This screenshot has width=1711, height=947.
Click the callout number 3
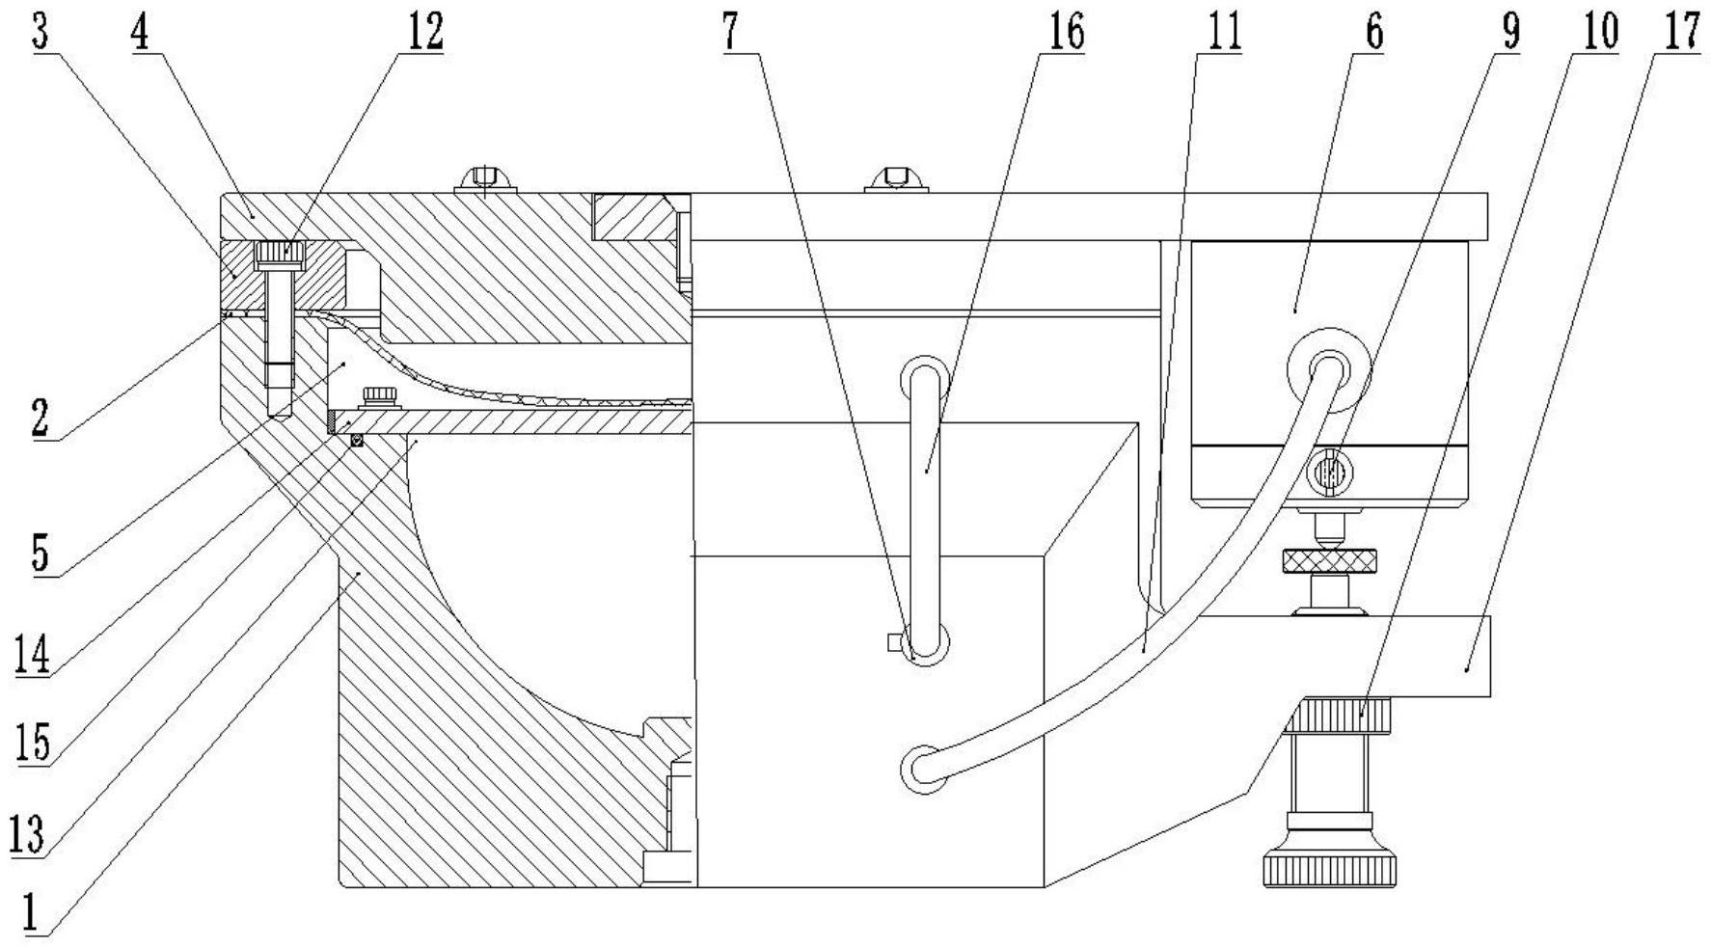[40, 32]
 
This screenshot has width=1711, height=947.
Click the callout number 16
[1062, 32]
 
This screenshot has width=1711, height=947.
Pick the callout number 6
[1374, 32]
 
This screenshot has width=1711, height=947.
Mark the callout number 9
[1509, 32]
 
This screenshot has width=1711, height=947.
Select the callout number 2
[40, 419]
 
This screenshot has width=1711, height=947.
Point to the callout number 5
[40, 554]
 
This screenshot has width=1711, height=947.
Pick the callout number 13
[28, 833]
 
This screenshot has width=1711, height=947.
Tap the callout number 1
[32, 912]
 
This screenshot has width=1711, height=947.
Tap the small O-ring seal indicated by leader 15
[357, 441]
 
